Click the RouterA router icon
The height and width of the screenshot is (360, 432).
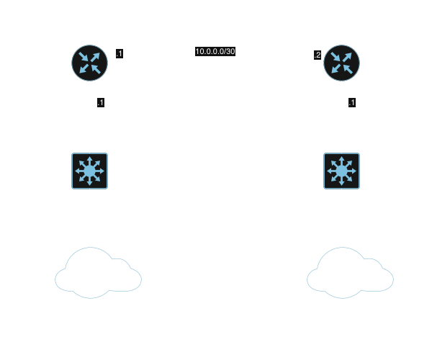click(90, 63)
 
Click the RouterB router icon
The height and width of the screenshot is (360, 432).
click(342, 63)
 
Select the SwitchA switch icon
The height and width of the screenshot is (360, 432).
click(90, 171)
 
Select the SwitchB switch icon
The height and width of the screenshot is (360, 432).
click(342, 171)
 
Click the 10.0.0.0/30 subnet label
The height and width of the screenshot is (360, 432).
click(215, 52)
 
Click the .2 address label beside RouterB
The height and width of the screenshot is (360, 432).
click(317, 55)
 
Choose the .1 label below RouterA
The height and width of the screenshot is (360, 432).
click(101, 103)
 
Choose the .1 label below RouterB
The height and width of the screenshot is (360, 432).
click(351, 103)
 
